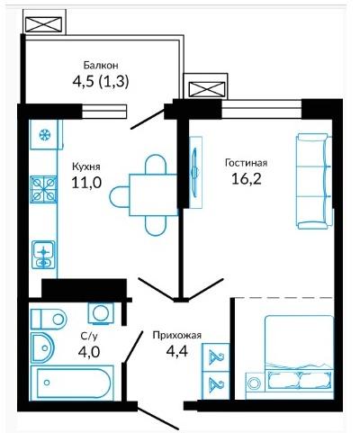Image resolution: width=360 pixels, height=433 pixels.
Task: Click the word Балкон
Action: tap(101, 65)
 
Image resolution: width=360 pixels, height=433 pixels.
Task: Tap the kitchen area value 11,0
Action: tap(86, 182)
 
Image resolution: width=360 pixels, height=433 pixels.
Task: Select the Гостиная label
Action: tap(247, 163)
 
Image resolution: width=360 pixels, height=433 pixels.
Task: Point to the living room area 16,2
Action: tap(247, 179)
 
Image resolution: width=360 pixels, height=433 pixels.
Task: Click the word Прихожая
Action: tap(176, 335)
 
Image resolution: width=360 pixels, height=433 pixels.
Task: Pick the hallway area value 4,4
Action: tap(177, 351)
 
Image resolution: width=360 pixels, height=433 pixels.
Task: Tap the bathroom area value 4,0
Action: tap(89, 352)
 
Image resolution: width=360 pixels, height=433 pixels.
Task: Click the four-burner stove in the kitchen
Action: tap(44, 189)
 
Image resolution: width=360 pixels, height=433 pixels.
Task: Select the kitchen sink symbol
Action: tap(44, 254)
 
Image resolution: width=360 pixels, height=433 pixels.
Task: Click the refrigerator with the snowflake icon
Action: tap(46, 134)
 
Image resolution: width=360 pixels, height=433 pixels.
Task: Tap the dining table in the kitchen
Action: tap(153, 194)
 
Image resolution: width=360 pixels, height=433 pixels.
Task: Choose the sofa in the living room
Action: tap(314, 181)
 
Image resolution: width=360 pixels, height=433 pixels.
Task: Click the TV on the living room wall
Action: tap(195, 172)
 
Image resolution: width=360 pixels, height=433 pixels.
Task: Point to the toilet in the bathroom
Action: tap(49, 319)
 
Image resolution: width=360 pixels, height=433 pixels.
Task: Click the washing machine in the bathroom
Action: tap(101, 313)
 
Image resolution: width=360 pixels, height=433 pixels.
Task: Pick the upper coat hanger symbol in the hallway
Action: tap(216, 357)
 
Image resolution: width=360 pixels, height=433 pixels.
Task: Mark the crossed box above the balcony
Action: tap(44, 24)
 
